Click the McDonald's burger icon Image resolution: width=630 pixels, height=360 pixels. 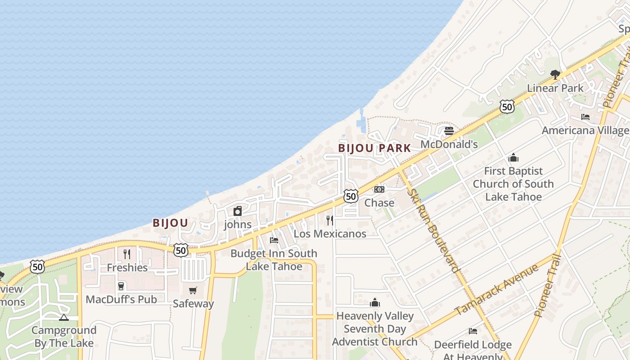[x=449, y=131]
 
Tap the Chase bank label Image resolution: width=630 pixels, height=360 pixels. [x=379, y=203]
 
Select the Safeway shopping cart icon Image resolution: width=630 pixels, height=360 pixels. [x=193, y=291]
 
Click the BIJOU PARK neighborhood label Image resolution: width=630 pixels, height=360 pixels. [x=374, y=148]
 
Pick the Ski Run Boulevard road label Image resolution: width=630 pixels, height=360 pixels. [x=434, y=230]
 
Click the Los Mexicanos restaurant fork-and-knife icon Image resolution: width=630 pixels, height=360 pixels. [x=330, y=220]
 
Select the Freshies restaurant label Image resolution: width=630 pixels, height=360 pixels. [x=127, y=268]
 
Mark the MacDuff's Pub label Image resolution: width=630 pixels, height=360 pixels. [x=121, y=299]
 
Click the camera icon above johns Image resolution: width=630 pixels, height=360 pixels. [x=238, y=211]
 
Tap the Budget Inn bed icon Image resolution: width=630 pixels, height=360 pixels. [x=274, y=240]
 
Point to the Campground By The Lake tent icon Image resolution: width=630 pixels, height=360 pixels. [x=64, y=317]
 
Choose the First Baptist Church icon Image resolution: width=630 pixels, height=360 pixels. [x=513, y=158]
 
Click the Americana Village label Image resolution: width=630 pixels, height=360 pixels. [x=585, y=130]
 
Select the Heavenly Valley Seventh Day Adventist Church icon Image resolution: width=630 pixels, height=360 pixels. [x=375, y=302]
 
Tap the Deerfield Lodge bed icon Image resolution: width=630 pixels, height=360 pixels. [x=472, y=331]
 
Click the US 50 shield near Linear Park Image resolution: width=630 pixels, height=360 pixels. [x=507, y=107]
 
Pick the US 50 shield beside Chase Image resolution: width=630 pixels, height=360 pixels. [x=351, y=196]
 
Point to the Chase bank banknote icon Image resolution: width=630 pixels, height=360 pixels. [x=379, y=189]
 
